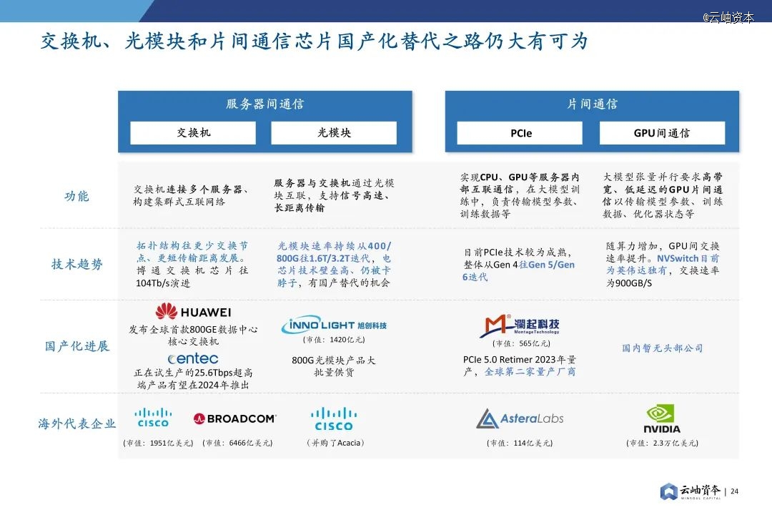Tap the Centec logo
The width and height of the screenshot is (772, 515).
[x=193, y=358]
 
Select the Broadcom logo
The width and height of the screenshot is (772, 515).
[x=235, y=418]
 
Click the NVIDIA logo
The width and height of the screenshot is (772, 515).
[x=662, y=419]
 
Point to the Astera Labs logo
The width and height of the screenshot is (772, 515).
[x=520, y=418]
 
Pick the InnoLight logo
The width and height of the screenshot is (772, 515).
[x=334, y=325]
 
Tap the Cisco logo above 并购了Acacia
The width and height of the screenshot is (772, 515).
[x=334, y=419]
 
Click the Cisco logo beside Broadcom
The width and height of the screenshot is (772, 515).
[x=153, y=418]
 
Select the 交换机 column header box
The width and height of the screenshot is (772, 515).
[x=193, y=133]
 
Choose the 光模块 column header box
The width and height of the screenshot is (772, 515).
[x=334, y=133]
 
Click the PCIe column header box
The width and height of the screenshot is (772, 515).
[x=520, y=133]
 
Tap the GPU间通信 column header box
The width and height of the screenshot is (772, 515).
[x=662, y=133]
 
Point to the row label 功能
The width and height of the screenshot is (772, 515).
[x=76, y=196]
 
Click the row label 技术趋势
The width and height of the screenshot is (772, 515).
[x=76, y=264]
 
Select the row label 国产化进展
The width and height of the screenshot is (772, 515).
[x=76, y=346]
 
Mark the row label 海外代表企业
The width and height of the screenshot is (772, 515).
[x=76, y=423]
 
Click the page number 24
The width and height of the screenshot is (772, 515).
[x=735, y=491]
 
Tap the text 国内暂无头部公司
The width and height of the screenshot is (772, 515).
[x=662, y=348]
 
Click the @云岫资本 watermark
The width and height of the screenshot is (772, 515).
[x=728, y=17]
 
